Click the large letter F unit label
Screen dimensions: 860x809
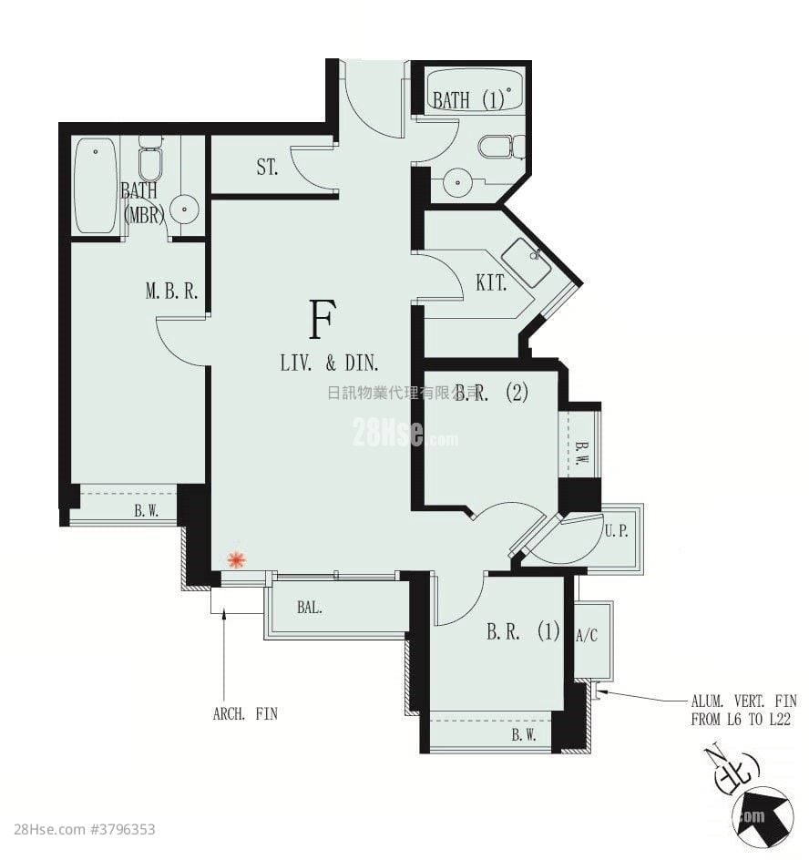[320, 319]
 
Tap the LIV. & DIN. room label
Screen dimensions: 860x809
[329, 363]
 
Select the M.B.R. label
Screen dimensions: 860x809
[172, 292]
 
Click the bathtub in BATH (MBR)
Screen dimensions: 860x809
[96, 185]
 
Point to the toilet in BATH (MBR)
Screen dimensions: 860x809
[150, 161]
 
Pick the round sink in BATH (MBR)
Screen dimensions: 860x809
[184, 210]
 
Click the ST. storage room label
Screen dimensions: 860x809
[266, 168]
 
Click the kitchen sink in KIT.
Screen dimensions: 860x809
[526, 262]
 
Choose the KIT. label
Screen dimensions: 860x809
[491, 283]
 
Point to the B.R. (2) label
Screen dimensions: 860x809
[493, 393]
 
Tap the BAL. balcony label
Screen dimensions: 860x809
[310, 607]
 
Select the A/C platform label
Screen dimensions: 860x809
[588, 636]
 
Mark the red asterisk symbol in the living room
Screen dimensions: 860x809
[236, 560]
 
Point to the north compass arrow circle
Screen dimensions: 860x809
[762, 814]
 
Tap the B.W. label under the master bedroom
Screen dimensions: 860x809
[146, 511]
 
